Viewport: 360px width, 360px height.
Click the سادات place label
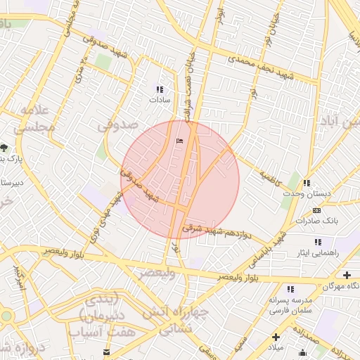point(160,101)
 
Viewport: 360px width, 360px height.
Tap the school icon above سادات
point(160,89)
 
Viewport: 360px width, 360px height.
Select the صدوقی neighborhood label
point(115,125)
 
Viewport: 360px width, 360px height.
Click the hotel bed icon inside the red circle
point(179,141)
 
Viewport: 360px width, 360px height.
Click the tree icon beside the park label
point(4,148)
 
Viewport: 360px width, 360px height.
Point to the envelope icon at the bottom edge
point(106,352)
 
